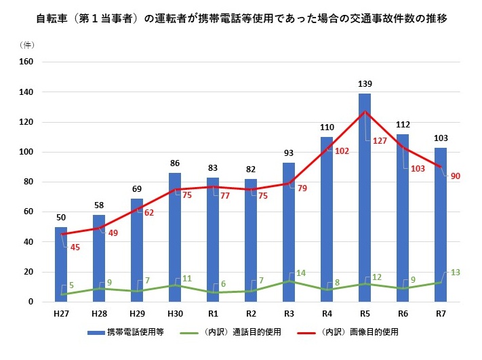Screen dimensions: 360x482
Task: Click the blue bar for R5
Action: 365,203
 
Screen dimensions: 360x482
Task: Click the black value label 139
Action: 365,84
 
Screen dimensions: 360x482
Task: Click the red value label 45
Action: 75,247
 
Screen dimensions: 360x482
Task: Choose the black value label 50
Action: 61,217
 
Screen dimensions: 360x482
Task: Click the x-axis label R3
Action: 289,314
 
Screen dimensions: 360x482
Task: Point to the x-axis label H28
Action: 99,314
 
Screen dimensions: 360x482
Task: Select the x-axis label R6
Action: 403,314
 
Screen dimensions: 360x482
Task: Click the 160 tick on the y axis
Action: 26,62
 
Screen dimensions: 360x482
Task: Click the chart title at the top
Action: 241,18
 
